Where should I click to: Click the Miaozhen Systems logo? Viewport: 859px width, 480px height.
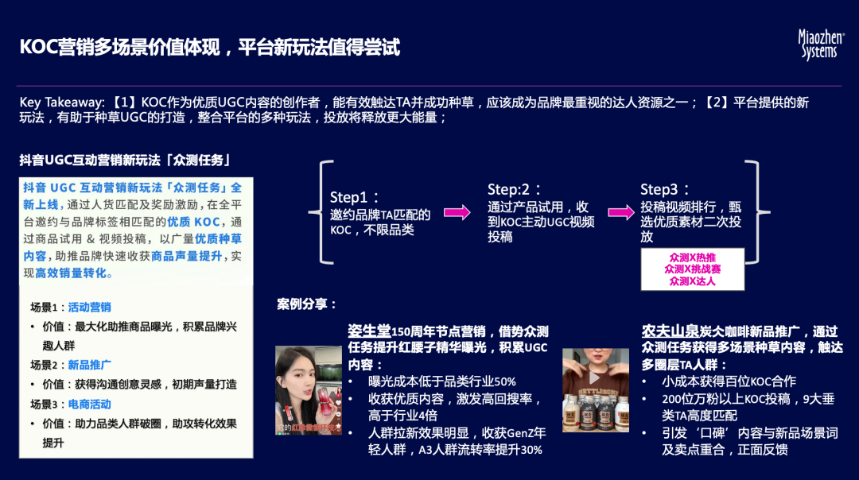click(822, 45)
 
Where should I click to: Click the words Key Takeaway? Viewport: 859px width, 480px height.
click(61, 103)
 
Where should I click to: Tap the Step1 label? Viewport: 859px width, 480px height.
click(355, 197)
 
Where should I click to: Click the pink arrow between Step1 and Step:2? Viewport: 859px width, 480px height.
click(457, 212)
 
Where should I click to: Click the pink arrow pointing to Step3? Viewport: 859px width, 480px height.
click(621, 212)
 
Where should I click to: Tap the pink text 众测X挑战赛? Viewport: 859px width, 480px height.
click(692, 269)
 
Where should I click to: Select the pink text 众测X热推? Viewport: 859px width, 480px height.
click(692, 258)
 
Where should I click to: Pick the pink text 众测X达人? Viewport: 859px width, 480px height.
click(692, 281)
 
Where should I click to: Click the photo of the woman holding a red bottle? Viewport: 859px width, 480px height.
click(309, 390)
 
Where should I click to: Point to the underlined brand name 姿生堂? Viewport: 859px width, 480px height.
click(369, 331)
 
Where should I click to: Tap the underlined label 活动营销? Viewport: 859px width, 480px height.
click(89, 308)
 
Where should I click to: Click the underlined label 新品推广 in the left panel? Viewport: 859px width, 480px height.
click(89, 365)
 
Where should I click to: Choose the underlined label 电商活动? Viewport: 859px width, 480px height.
click(89, 404)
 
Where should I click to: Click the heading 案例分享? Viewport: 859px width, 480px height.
click(307, 304)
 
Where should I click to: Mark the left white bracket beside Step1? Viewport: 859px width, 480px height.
click(324, 212)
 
